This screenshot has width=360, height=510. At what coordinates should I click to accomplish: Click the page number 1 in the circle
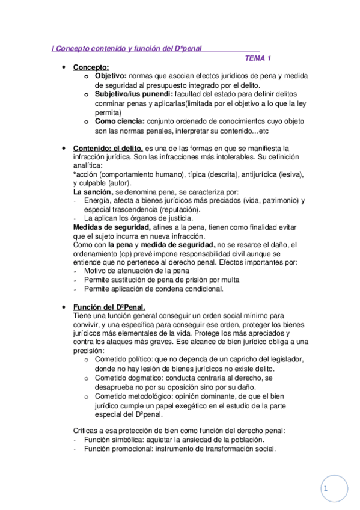pyautogui.click(x=325, y=489)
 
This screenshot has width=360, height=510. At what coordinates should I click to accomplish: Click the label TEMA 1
pyautogui.click(x=258, y=58)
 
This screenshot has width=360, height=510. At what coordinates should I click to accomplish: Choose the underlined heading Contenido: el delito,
pyautogui.click(x=108, y=148)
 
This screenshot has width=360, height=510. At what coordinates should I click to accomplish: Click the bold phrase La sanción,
pyautogui.click(x=93, y=192)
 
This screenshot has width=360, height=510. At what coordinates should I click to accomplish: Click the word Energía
pyautogui.click(x=98, y=201)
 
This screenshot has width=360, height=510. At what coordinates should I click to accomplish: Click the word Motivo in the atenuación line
pyautogui.click(x=96, y=271)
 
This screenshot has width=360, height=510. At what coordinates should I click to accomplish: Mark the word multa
pyautogui.click(x=229, y=280)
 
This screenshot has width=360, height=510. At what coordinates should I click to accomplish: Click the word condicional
pyautogui.click(x=203, y=289)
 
